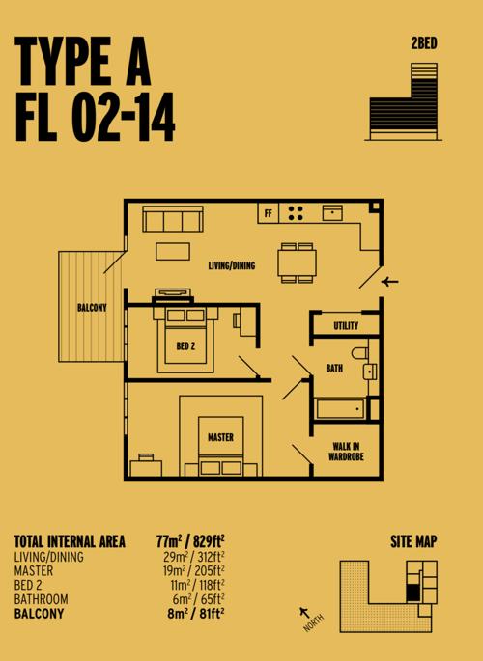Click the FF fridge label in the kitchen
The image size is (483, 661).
[268, 213]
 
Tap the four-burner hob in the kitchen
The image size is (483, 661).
[296, 213]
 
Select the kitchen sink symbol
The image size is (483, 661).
[332, 213]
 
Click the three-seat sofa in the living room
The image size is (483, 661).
[173, 219]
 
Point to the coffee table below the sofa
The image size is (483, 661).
[173, 251]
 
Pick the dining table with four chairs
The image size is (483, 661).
[297, 262]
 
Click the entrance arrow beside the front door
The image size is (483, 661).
[389, 281]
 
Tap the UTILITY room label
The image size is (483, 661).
[346, 325]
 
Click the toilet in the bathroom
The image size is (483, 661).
[359, 353]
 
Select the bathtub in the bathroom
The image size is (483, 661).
[340, 409]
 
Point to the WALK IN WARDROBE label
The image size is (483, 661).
[346, 451]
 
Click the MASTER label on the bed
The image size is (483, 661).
[220, 437]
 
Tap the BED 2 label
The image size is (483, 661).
[185, 346]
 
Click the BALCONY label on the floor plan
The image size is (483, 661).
[92, 307]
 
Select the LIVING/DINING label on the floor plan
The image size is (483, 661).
[232, 265]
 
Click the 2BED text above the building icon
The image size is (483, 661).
[424, 43]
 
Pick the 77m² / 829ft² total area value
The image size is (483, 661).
[190, 540]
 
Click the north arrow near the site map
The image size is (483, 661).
[303, 612]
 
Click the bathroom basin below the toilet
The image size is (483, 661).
[370, 372]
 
